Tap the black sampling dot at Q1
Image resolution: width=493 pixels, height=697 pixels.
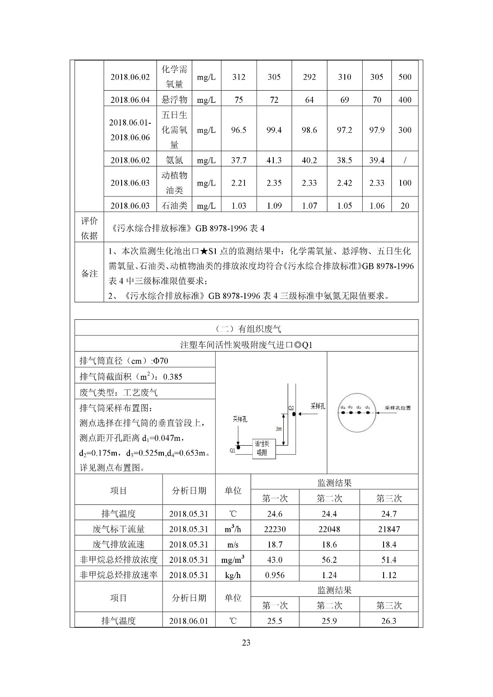(238, 447)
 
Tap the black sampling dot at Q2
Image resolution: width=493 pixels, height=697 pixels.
(294, 413)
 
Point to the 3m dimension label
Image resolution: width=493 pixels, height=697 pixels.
(279, 429)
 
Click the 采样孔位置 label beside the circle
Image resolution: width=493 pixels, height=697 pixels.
(398, 408)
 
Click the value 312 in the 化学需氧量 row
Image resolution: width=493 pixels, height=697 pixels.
(238, 77)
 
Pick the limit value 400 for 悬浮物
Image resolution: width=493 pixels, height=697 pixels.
(405, 100)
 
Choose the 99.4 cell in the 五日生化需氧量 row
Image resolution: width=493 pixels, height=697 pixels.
(274, 130)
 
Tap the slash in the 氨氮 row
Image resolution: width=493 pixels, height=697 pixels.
(405, 160)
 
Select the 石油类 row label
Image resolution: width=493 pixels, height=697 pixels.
(174, 206)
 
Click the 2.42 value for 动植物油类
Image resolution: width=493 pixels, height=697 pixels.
(344, 183)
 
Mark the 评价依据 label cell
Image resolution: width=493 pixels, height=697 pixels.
(89, 228)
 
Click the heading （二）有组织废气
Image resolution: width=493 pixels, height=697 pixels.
(246, 328)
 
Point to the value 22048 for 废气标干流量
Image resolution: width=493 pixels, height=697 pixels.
(329, 529)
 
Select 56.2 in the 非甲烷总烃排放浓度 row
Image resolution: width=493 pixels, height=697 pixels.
(329, 560)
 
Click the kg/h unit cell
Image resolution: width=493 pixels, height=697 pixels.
(233, 575)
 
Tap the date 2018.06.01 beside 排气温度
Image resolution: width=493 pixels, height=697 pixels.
(189, 621)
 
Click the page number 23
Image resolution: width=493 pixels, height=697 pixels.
(246, 643)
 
